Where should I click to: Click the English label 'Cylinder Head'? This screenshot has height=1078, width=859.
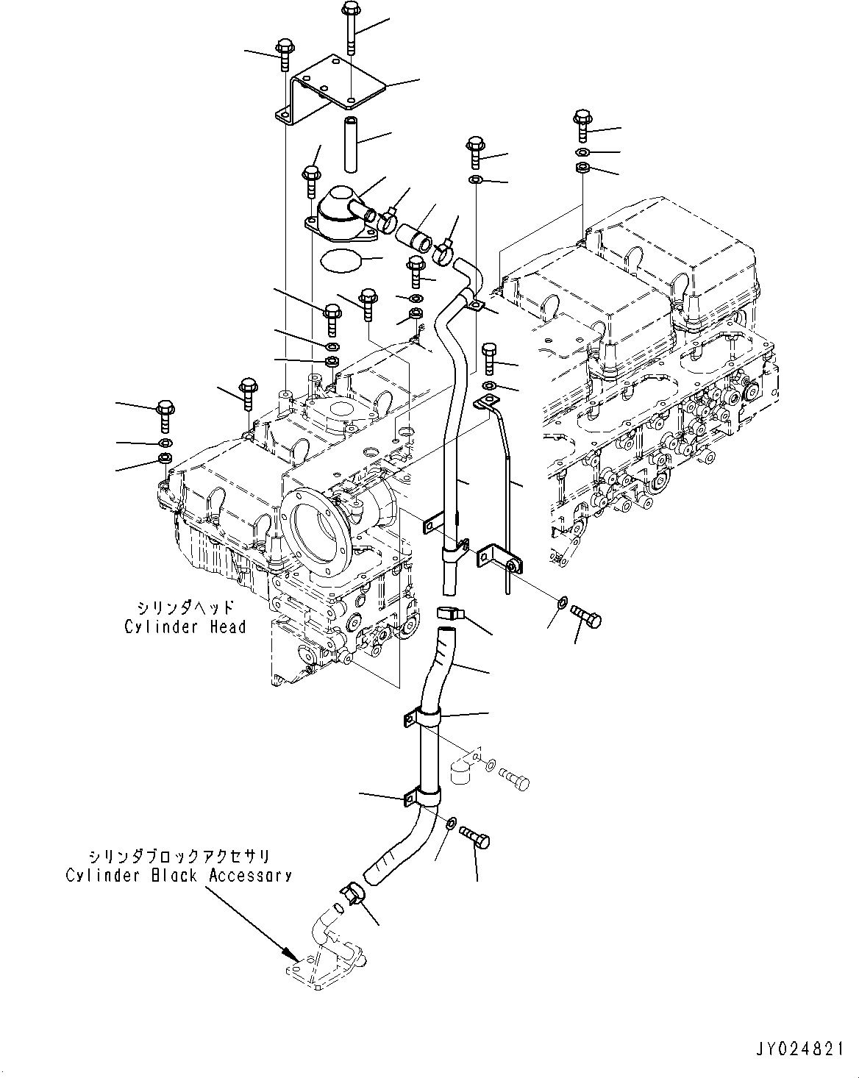pos(185,627)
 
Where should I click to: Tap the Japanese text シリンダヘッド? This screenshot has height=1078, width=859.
pos(185,607)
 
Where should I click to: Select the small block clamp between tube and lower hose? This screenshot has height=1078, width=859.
pos(448,613)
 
